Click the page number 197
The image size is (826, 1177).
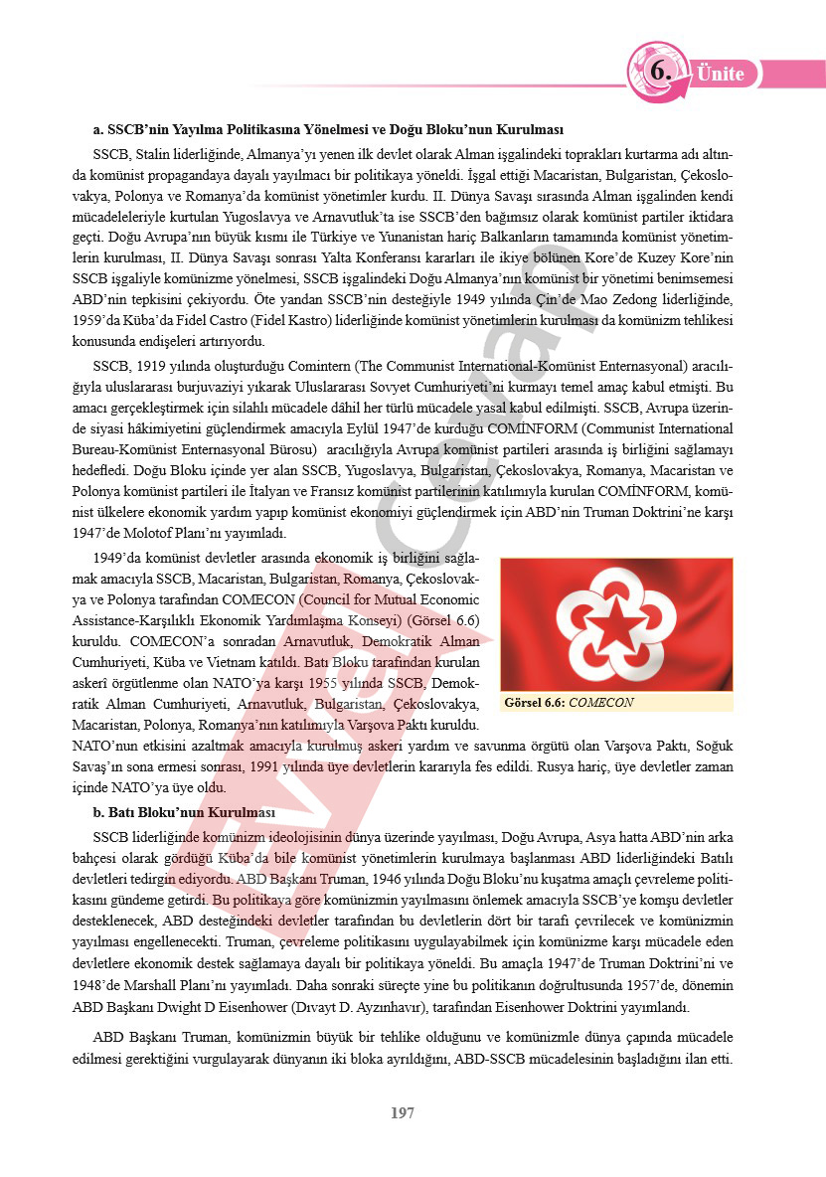[x=402, y=1113]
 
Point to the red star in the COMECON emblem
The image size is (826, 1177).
[x=616, y=624]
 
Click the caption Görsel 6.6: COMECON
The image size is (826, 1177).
[x=569, y=702]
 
